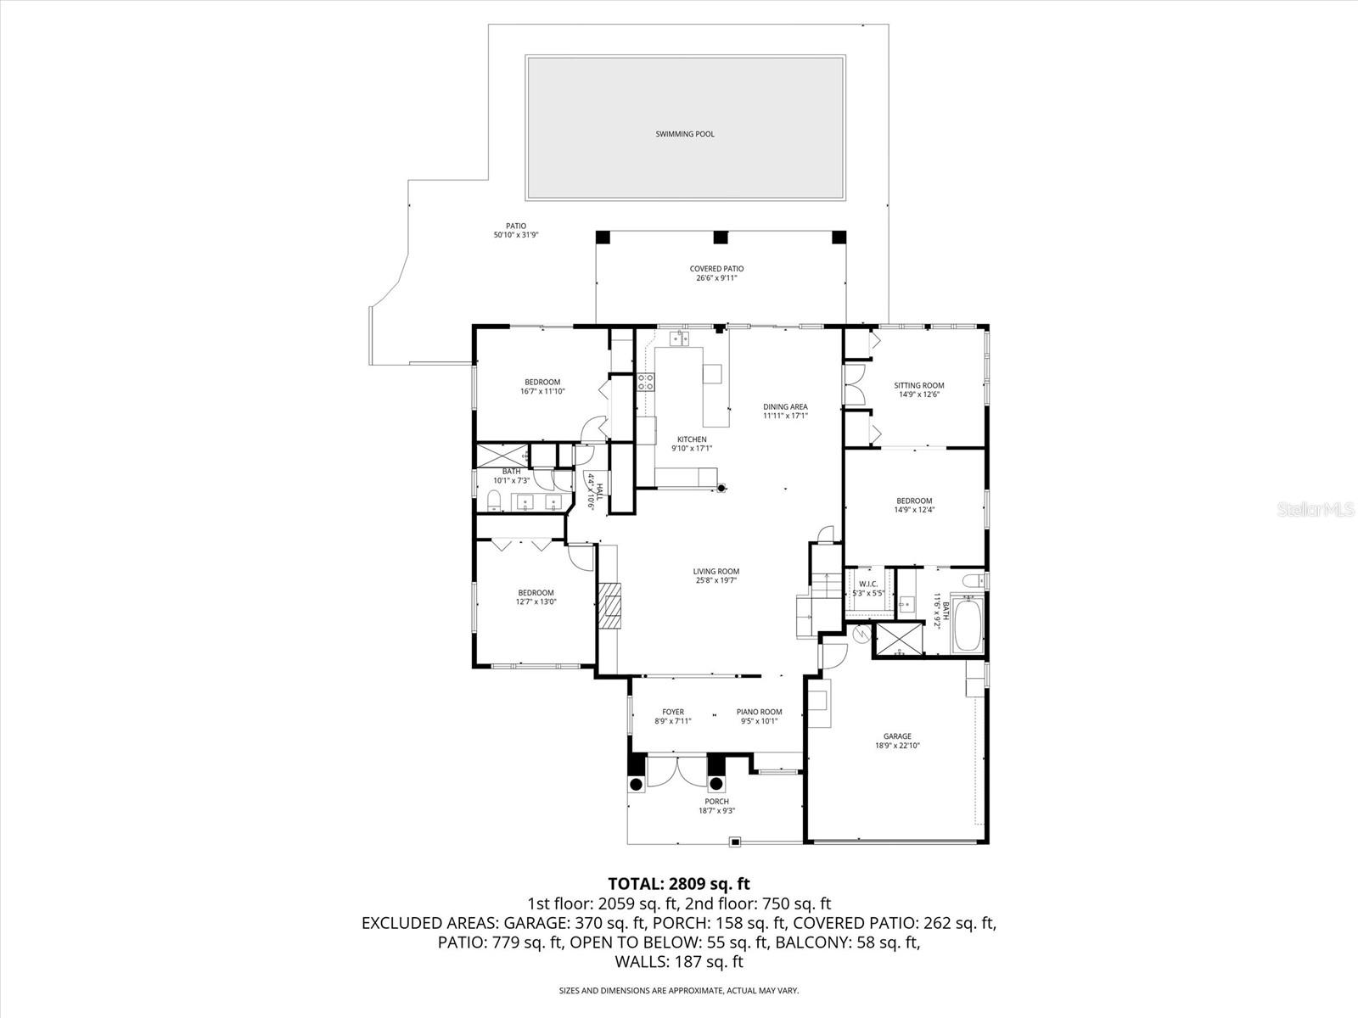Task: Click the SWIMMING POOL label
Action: pyautogui.click(x=685, y=134)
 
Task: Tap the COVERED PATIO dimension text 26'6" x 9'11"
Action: pyautogui.click(x=717, y=277)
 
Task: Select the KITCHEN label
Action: pyautogui.click(x=692, y=439)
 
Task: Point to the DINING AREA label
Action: pyautogui.click(x=785, y=406)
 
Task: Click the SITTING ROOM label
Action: pyautogui.click(x=919, y=385)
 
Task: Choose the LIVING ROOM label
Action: pyautogui.click(x=716, y=571)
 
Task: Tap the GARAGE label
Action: pyautogui.click(x=897, y=736)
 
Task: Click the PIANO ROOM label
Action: pyautogui.click(x=760, y=712)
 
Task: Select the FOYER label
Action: pyautogui.click(x=673, y=712)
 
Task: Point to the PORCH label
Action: pyautogui.click(x=716, y=801)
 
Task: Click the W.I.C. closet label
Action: pyautogui.click(x=868, y=584)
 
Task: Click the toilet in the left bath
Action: pyautogui.click(x=494, y=501)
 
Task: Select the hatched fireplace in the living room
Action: pyautogui.click(x=609, y=604)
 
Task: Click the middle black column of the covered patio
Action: pyautogui.click(x=721, y=238)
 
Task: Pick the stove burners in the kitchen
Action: pyautogui.click(x=646, y=382)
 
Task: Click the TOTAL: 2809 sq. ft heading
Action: pyautogui.click(x=679, y=884)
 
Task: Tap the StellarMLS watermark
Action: pyautogui.click(x=1320, y=509)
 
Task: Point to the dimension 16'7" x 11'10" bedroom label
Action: pyautogui.click(x=542, y=391)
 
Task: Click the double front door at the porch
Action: pyautogui.click(x=676, y=772)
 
